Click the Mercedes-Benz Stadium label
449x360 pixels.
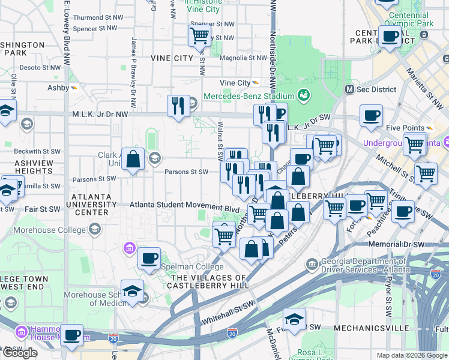(x=249, y=96)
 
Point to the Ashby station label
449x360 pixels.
(x=58, y=88)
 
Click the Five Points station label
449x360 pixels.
(x=405, y=128)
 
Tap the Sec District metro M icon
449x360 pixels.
(x=348, y=89)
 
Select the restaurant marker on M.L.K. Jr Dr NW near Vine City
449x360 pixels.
(x=178, y=106)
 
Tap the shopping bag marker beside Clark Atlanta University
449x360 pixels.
(x=133, y=159)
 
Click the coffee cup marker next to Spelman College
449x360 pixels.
(x=149, y=258)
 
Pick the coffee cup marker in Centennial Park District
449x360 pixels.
(x=390, y=35)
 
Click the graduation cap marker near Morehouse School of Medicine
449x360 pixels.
(x=132, y=290)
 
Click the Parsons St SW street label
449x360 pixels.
(x=186, y=172)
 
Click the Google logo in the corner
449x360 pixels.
(x=20, y=353)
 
